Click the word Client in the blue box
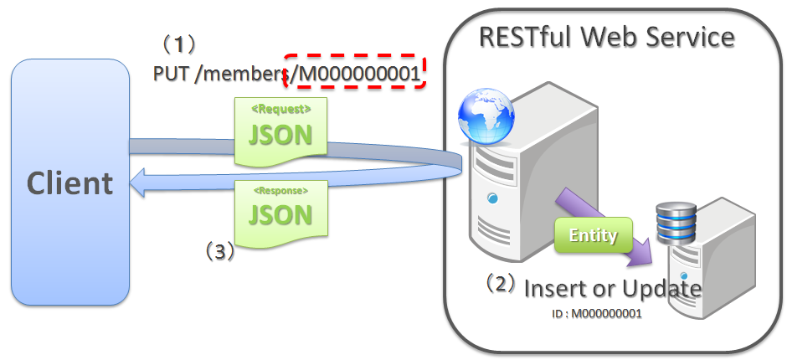tap(69, 183)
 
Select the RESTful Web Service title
tap(606, 37)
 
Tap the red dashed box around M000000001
tap(355, 74)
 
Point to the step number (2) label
tap(501, 283)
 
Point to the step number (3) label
tap(219, 251)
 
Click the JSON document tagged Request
tap(280, 131)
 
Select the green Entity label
tap(593, 235)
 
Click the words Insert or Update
tap(612, 289)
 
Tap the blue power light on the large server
tap(493, 198)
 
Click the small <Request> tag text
tap(281, 109)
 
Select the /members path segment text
tap(243, 75)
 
